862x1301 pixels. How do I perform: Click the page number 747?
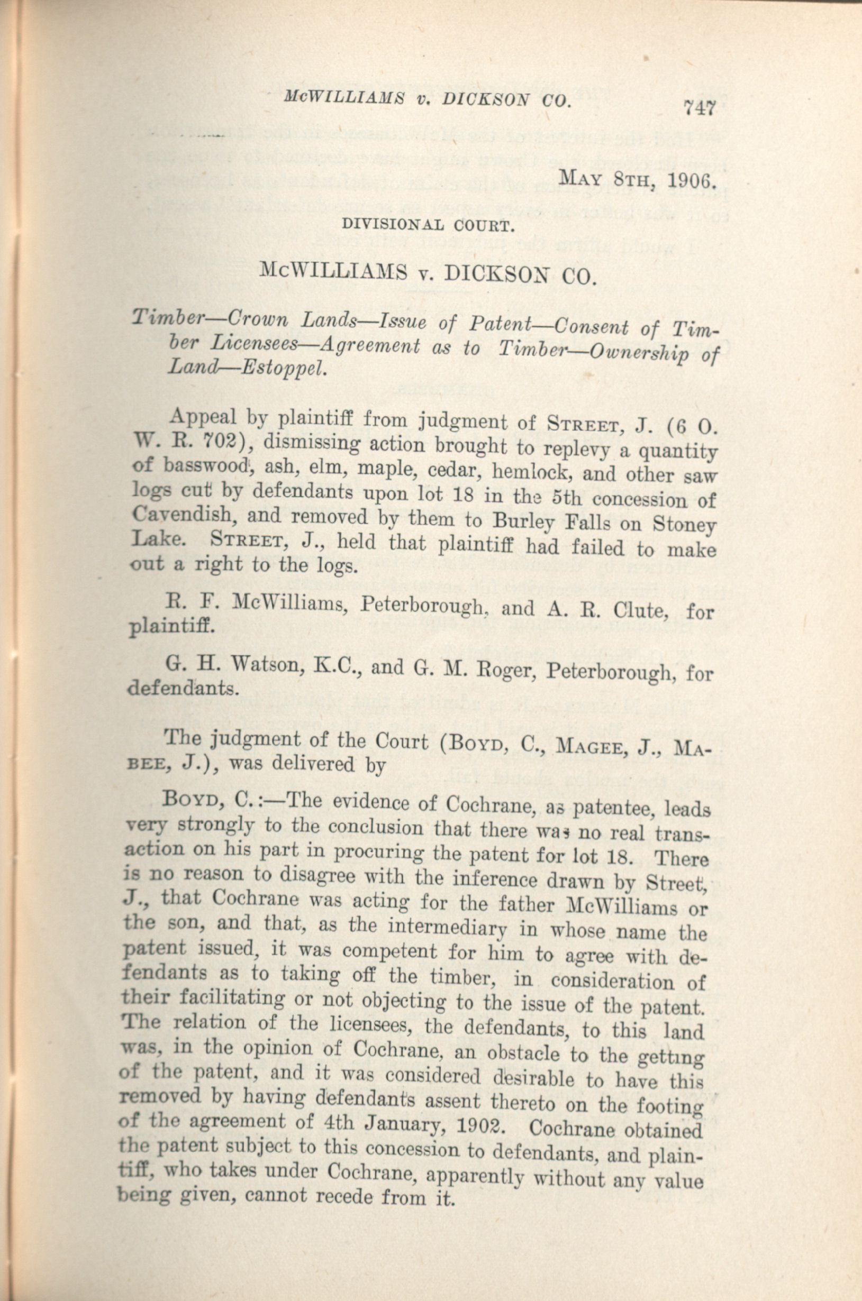click(699, 107)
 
